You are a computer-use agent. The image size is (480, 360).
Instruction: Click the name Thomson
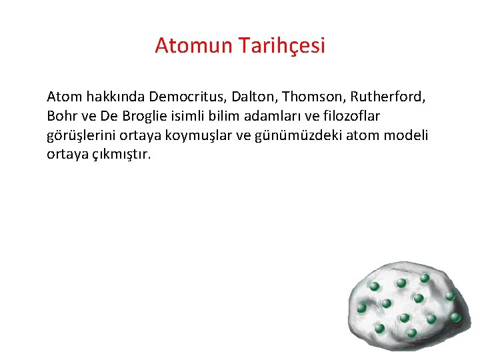(305, 97)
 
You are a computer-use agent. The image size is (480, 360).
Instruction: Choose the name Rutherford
(383, 97)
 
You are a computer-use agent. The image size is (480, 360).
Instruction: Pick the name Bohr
(61, 116)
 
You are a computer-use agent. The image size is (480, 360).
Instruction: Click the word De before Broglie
(109, 116)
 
